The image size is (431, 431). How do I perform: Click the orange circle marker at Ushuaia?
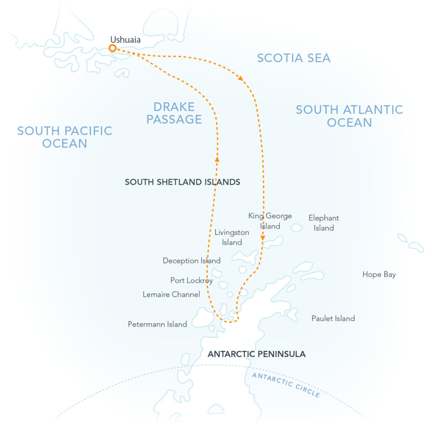tap(112, 48)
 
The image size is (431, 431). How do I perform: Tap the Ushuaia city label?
tap(125, 40)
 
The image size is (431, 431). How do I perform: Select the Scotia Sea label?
tap(294, 58)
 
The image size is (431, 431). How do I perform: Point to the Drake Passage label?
tap(174, 113)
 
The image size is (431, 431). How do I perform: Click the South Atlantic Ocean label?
tap(349, 116)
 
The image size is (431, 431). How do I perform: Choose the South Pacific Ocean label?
tap(65, 137)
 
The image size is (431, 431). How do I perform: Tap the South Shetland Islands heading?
tap(183, 182)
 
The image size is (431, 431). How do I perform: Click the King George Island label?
tap(270, 221)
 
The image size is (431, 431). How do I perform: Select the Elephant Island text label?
tap(324, 223)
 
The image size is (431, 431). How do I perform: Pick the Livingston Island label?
tap(232, 237)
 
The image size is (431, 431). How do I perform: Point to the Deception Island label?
tap(192, 261)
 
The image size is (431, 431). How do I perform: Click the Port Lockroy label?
tap(192, 280)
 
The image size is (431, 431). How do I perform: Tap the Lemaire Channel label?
tap(171, 295)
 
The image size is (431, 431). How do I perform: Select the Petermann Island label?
tap(157, 325)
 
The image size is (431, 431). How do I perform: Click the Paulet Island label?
tap(333, 319)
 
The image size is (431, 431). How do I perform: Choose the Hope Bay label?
tap(379, 275)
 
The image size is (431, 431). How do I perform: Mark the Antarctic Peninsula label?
tap(257, 354)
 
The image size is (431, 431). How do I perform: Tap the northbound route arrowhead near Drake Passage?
tap(217, 159)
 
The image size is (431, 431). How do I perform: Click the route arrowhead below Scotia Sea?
tap(241, 78)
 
